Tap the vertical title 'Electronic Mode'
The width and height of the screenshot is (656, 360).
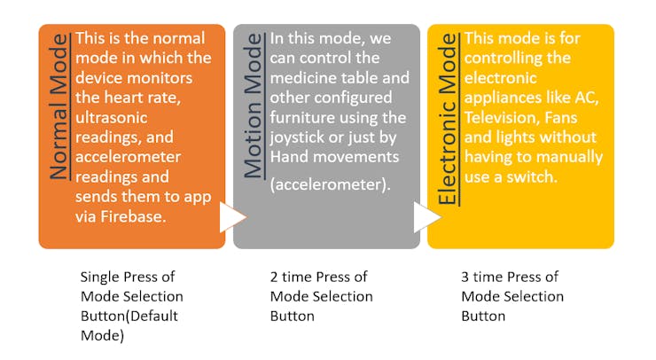tap(447, 118)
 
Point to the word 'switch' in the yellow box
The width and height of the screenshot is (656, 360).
tap(534, 176)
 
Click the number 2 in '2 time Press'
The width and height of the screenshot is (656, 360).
tap(274, 276)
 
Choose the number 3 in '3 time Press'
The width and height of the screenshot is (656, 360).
tap(465, 276)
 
